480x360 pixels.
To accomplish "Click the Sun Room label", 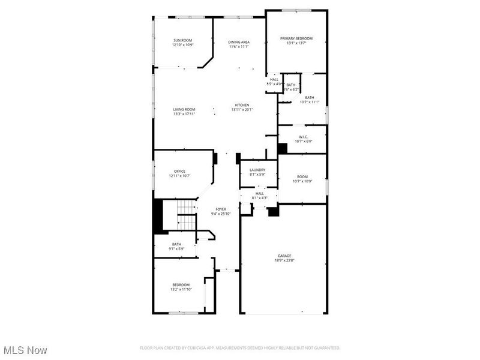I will (x=182, y=40).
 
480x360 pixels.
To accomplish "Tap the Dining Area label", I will (x=239, y=41).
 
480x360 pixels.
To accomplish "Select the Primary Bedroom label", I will (x=296, y=38).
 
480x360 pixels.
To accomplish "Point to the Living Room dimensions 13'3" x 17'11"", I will (x=184, y=114).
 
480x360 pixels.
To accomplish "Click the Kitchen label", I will (x=242, y=105).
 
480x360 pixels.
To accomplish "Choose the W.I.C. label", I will (x=302, y=137).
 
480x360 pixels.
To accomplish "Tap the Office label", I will (x=179, y=171).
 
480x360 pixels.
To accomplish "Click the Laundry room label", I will (x=257, y=170).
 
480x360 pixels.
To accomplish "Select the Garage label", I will (x=284, y=256).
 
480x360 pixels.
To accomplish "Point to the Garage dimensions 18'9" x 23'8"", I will (x=284, y=260).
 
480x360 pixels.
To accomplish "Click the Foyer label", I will (x=221, y=209).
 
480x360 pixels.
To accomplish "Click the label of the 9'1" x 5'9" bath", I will (x=176, y=244).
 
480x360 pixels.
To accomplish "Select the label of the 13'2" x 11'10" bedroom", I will (x=181, y=284).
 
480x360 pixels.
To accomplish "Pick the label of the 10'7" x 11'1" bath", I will (x=309, y=97).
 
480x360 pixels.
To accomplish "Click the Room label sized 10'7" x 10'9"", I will (x=302, y=176).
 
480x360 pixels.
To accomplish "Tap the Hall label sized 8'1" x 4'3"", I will (x=260, y=193).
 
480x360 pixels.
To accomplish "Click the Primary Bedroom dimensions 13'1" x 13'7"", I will (x=296, y=43).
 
